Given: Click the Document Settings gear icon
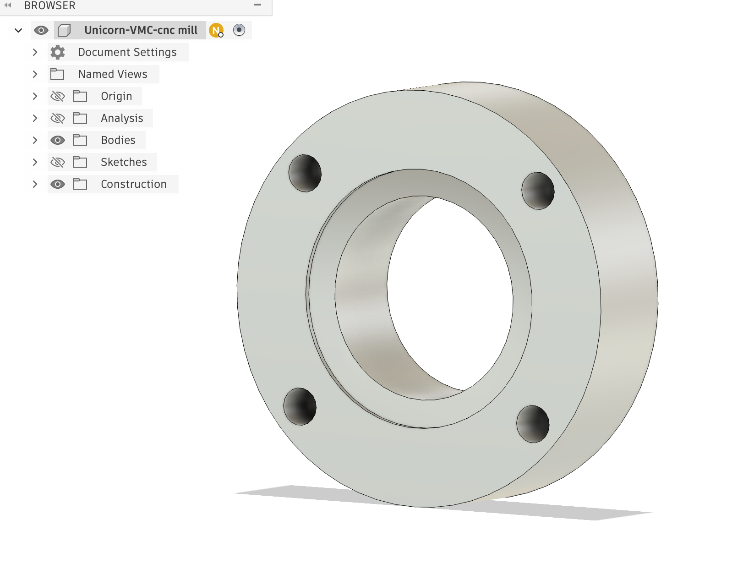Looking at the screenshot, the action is (x=58, y=52).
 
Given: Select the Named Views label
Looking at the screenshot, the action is (x=113, y=74).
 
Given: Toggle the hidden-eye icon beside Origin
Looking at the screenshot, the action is (x=58, y=96).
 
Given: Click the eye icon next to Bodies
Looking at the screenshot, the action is (x=58, y=140).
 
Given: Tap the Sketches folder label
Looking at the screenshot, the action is (x=124, y=162).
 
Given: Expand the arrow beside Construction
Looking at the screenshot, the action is (x=35, y=184).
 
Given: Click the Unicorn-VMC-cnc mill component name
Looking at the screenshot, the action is (x=141, y=30).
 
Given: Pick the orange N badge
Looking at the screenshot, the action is (x=216, y=30).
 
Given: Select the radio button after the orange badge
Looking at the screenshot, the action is (x=239, y=30).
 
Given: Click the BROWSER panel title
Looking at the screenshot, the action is (x=50, y=5).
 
